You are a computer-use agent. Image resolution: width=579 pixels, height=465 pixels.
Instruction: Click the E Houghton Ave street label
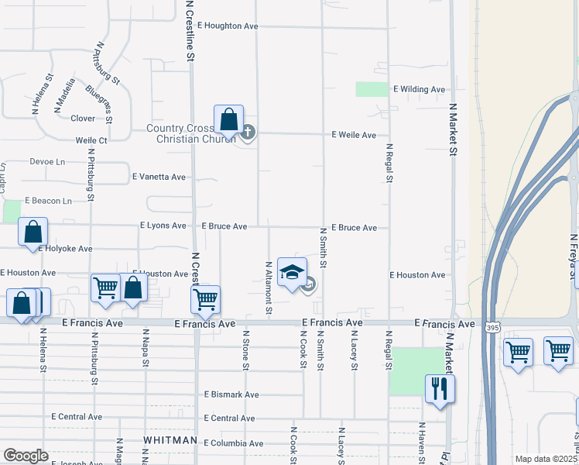(227, 26)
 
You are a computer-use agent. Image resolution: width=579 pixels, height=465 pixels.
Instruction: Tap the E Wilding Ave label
(419, 89)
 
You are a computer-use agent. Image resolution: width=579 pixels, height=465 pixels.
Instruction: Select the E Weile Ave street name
(354, 135)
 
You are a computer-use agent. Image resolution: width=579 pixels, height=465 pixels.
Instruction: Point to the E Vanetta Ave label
(159, 177)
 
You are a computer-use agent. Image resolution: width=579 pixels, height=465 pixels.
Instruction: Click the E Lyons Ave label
(163, 226)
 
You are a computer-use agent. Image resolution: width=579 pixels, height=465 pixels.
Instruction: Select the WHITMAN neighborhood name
(170, 440)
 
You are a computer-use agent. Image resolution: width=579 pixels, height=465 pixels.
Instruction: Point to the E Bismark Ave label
(231, 394)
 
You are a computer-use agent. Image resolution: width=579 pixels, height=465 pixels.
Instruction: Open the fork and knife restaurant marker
(440, 387)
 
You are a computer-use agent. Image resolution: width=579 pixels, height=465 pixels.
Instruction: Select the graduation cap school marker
(292, 272)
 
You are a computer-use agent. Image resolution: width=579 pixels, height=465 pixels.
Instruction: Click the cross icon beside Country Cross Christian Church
(248, 132)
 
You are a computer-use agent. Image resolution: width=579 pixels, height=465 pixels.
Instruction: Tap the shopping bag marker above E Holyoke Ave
(33, 232)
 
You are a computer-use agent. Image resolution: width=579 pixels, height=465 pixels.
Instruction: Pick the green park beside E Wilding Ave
(372, 89)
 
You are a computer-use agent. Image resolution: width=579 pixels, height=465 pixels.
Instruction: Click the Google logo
(26, 456)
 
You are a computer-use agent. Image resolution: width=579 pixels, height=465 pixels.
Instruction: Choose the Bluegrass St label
(100, 105)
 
